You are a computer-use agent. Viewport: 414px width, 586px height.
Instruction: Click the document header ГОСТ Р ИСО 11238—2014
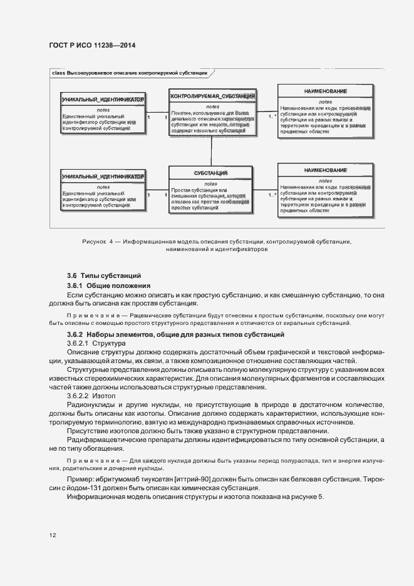91,46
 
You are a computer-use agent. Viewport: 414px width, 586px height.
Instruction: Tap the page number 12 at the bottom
53,536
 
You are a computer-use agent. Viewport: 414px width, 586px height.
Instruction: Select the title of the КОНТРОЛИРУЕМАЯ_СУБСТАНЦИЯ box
212,96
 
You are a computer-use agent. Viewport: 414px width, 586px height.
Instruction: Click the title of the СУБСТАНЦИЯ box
210,172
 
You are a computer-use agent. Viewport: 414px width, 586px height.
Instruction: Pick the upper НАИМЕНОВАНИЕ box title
326,91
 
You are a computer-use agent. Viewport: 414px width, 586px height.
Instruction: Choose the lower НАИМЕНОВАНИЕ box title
326,170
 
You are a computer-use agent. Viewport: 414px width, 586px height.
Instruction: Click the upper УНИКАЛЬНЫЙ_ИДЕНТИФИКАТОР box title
103,100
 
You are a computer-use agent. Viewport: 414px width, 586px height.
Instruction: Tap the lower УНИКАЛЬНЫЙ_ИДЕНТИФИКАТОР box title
103,177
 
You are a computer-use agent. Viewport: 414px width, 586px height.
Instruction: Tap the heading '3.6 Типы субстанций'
104,275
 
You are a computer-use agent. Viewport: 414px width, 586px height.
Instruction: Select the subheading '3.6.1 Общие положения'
108,285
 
